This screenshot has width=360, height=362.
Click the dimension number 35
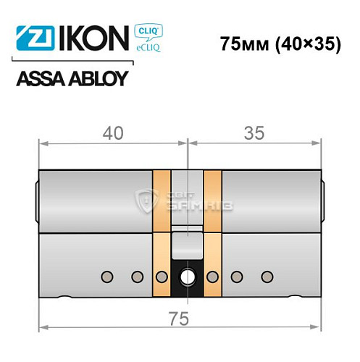coord(254,133)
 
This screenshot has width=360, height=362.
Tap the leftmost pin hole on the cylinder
coord(107,276)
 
